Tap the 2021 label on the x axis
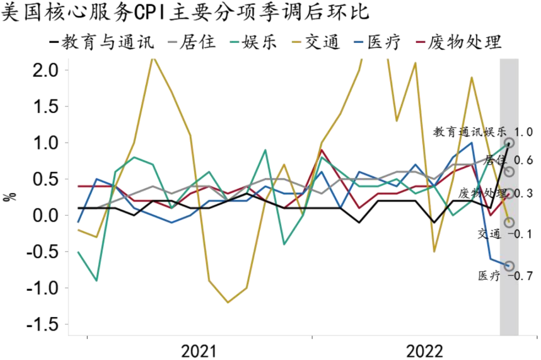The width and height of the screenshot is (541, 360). point(199,351)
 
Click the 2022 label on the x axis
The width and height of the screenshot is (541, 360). point(424,351)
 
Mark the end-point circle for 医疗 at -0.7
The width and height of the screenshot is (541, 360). point(509,266)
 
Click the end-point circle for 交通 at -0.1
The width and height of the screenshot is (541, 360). point(509,222)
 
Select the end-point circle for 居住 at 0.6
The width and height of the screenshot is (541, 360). point(509,172)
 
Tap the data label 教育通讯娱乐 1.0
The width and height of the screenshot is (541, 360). point(482,133)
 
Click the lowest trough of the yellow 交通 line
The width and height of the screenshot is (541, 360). point(227,302)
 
